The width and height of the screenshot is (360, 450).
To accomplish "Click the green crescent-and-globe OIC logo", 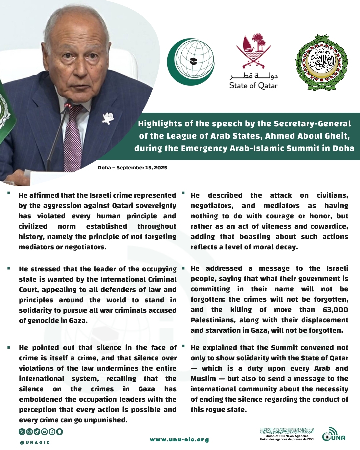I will point(191,62).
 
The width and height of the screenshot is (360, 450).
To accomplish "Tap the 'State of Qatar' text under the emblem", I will point(253,86).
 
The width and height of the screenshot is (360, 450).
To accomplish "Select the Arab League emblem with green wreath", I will point(322,62).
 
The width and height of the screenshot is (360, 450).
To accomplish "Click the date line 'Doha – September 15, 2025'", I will point(132,168).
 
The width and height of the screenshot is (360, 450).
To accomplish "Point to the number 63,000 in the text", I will point(335,310).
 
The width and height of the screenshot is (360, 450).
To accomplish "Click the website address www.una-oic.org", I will point(179,440).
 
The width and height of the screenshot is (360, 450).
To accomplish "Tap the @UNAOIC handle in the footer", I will point(35,443).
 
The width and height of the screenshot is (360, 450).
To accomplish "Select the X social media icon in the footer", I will point(22,432).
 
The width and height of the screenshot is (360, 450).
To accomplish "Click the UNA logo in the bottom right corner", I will point(334,435).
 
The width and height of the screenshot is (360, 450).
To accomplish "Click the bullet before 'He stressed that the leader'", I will point(9,268).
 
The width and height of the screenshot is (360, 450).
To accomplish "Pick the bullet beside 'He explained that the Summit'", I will point(183,347).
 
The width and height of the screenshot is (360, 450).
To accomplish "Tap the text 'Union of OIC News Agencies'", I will point(287,436).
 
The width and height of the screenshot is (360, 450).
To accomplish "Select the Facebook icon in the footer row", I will point(52,432).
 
